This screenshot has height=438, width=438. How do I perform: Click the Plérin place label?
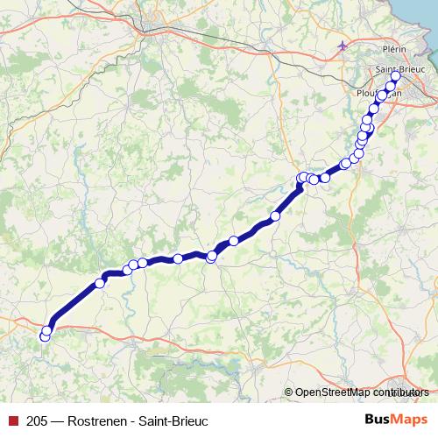[x=394, y=50]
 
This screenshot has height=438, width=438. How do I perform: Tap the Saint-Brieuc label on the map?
[x=399, y=68]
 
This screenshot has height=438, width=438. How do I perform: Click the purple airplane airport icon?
[x=343, y=46]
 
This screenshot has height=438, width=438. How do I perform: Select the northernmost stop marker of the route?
[x=395, y=76]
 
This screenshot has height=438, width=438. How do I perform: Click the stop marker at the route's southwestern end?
[x=46, y=333]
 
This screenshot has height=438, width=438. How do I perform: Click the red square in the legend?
[x=13, y=420]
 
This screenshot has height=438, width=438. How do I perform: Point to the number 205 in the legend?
[x=38, y=420]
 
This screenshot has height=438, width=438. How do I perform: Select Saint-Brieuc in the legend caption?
[x=175, y=420]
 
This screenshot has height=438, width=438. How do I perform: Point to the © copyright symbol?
[x=288, y=392]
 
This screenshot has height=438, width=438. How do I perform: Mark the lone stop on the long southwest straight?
[x=99, y=283]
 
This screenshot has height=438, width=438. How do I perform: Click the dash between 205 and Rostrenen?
[x=57, y=420]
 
